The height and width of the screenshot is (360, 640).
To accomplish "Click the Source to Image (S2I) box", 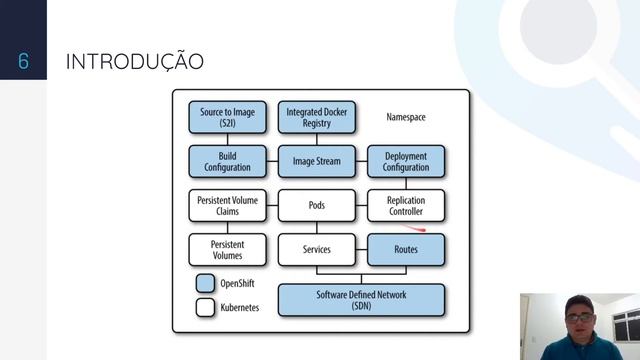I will (x=227, y=118).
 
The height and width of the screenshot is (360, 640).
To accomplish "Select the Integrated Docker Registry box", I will (x=316, y=118).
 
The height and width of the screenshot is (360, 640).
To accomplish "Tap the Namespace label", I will (x=406, y=118).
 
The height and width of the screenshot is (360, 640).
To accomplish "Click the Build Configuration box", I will (x=227, y=161).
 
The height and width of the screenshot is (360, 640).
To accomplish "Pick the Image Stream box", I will (x=316, y=161).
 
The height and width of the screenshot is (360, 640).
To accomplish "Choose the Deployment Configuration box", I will (x=406, y=161).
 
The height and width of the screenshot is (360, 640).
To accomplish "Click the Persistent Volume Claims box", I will (x=227, y=205).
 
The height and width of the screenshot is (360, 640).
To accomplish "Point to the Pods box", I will (x=316, y=205).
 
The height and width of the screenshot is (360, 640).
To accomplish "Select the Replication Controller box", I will (x=406, y=205).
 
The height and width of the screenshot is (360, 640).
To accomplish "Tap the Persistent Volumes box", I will (x=227, y=249).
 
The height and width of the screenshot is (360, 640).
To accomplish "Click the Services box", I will (x=316, y=249).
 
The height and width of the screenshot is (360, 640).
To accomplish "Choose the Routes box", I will (x=406, y=249).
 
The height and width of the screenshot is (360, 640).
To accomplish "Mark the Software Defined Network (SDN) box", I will (x=361, y=298).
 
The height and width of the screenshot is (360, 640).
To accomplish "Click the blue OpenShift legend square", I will (x=206, y=283).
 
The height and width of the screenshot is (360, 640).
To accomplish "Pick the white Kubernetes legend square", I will (x=206, y=307).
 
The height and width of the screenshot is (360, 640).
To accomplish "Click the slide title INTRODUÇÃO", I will (x=134, y=62).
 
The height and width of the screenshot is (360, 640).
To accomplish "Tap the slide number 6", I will (x=23, y=62).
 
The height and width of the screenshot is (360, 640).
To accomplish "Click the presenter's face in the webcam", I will (x=579, y=317).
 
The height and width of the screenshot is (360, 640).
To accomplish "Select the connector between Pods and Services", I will (x=316, y=227).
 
